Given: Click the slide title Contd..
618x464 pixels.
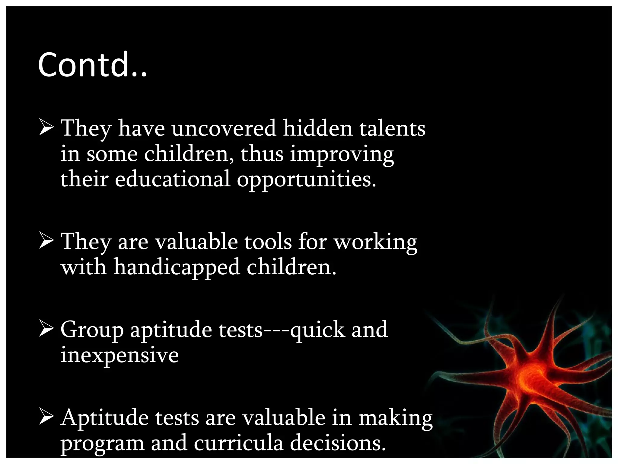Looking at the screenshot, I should [x=92, y=65].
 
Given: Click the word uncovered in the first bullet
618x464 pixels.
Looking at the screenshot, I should [x=224, y=128].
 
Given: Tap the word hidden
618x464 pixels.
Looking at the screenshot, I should [x=317, y=128].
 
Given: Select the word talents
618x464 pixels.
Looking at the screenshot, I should [x=392, y=128].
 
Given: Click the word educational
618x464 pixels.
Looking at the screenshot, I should [x=172, y=179].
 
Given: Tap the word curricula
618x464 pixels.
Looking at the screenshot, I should [x=238, y=443].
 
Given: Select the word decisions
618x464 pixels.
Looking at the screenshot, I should [x=338, y=443].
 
